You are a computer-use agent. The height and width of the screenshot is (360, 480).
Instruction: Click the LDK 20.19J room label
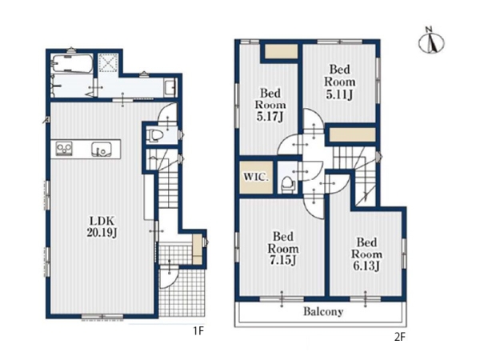[102, 226]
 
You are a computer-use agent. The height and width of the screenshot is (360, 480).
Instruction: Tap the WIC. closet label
[256, 178]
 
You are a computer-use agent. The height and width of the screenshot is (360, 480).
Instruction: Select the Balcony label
[323, 312]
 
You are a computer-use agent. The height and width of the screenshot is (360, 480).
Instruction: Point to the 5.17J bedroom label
[270, 105]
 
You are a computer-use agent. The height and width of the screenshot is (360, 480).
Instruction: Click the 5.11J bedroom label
[340, 82]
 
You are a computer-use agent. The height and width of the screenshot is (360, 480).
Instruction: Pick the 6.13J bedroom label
[366, 254]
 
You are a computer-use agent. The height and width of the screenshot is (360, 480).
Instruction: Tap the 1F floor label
[198, 331]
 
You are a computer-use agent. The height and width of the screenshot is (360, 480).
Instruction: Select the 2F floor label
[400, 338]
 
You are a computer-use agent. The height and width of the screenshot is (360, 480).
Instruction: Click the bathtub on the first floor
[72, 63]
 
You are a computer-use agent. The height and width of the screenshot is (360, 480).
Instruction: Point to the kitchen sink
[101, 150]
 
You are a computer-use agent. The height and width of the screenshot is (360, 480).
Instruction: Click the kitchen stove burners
[64, 149]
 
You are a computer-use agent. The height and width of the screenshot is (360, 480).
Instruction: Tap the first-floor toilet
[154, 135]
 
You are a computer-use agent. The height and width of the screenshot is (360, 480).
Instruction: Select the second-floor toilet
[288, 184]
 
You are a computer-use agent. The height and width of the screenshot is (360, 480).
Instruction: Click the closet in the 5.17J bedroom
[281, 51]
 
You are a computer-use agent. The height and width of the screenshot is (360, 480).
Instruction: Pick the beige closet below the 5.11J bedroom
[353, 135]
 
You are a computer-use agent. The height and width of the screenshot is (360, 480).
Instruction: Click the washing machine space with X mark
[109, 63]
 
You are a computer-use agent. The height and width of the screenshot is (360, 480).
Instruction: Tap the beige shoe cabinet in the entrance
[197, 249]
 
